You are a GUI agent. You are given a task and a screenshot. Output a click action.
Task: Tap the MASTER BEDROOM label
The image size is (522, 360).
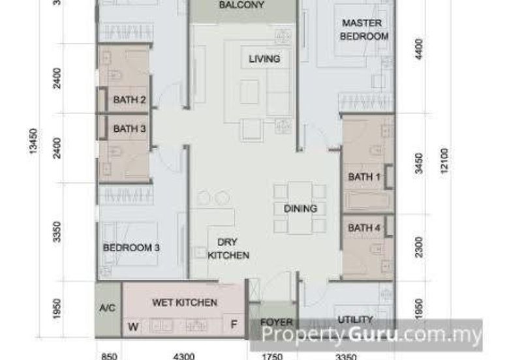point(365,30)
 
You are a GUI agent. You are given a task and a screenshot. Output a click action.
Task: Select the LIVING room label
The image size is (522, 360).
point(264,59)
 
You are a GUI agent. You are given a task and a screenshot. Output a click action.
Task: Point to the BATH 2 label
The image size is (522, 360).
point(129,100)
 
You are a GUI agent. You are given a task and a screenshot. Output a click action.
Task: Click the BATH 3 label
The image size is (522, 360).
point(129,129)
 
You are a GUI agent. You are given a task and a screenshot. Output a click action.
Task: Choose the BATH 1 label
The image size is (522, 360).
point(364,177)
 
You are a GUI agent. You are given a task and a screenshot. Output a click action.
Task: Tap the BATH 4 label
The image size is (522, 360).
point(364,228)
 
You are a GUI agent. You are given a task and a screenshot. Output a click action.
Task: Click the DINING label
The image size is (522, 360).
point(300,209)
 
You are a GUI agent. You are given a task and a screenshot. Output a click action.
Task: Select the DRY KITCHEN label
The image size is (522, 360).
point(228,249)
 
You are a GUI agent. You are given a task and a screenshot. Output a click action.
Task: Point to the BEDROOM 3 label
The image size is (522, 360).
point(132,248)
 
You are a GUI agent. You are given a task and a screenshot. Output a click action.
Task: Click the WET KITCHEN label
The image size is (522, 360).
point(185,303)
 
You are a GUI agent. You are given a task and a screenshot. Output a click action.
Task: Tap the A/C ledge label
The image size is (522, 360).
point(108,307)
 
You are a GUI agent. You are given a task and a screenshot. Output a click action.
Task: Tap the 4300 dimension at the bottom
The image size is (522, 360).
point(185,356)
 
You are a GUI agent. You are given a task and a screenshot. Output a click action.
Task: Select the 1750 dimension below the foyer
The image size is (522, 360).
point(273,356)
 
